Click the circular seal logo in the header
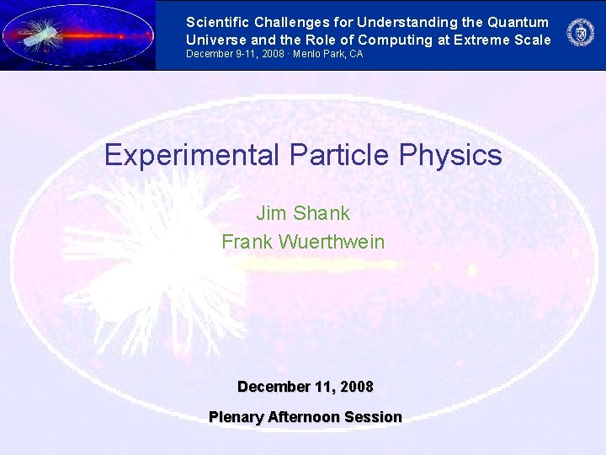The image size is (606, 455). [580, 33]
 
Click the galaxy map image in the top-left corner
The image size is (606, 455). [77, 35]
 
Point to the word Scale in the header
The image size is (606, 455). [531, 40]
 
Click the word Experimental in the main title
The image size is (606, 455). [192, 155]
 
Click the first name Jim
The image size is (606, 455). [271, 213]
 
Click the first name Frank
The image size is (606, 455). [246, 242]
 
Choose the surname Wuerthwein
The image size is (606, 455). [331, 242]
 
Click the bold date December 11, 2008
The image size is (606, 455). [305, 387]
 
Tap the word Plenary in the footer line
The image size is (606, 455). [235, 417]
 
